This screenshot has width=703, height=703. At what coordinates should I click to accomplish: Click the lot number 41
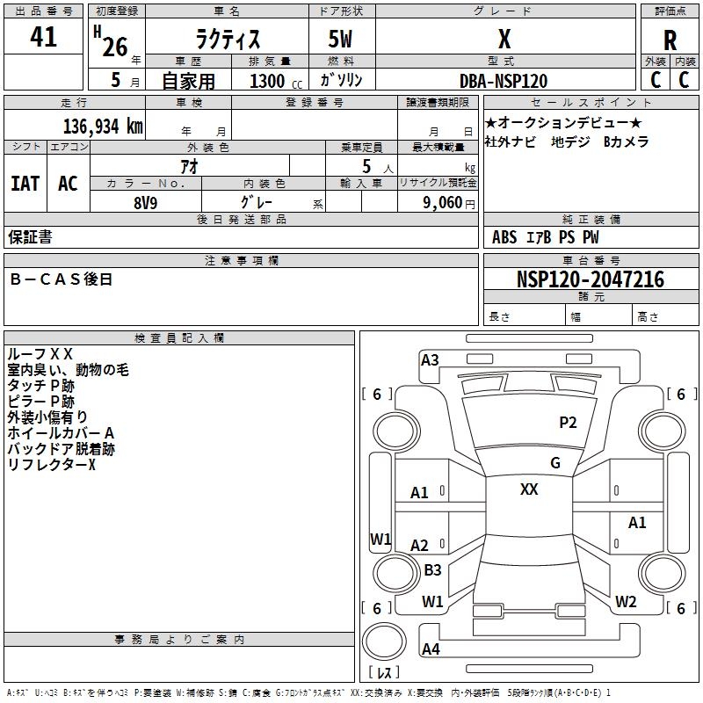click(43, 38)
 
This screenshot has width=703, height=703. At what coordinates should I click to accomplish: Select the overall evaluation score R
click(670, 41)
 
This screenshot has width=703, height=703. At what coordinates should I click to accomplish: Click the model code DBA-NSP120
click(504, 81)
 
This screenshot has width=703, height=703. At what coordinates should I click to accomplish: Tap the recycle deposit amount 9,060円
click(448, 202)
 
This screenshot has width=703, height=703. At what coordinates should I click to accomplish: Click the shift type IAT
click(25, 184)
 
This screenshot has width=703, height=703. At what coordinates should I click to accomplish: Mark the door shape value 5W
click(341, 41)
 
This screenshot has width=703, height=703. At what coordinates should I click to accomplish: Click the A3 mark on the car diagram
click(430, 359)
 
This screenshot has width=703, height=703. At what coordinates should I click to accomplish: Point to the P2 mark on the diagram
click(568, 423)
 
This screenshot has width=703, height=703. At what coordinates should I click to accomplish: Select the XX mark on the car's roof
click(529, 489)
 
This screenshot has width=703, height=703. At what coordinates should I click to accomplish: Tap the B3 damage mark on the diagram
click(432, 569)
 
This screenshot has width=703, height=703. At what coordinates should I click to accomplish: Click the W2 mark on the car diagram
click(625, 602)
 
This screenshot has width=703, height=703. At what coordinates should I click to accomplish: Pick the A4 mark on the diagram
click(431, 649)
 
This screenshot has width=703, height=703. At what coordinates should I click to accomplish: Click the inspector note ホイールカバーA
click(61, 433)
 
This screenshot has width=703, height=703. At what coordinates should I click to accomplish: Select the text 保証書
click(30, 237)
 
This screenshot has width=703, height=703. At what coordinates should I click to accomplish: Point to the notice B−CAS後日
click(62, 279)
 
